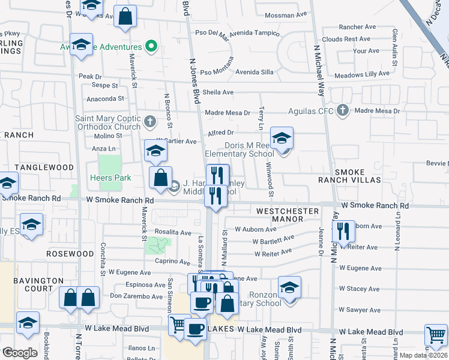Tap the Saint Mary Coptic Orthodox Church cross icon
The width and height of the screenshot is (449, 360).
click(151, 122)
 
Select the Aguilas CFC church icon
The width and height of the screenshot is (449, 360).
click(342, 110)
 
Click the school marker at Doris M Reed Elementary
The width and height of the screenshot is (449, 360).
click(282, 138)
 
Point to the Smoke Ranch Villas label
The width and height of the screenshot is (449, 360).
click(358, 176)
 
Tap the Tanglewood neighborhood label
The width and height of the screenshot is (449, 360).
click(44, 167)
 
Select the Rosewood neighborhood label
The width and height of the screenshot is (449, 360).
click(70, 254)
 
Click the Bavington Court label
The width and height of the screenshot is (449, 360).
click(39, 284)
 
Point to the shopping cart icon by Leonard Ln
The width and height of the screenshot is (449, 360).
click(435, 335)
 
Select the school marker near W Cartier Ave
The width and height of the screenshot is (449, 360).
click(155, 151)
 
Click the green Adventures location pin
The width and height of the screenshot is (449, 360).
click(151, 47)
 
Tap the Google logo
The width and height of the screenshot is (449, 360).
click(19, 353)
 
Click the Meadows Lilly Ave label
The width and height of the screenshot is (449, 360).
click(362, 74)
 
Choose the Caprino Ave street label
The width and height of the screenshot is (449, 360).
click(172, 262)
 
